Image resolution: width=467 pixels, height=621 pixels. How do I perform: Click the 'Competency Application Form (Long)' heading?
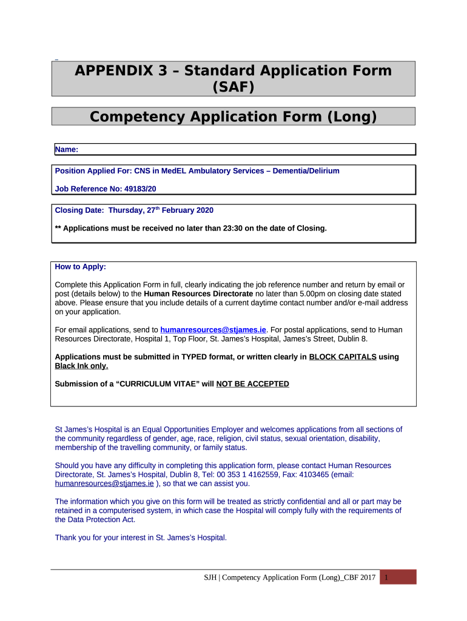coord(233,116)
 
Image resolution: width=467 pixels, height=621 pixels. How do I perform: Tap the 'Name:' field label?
coord(67,149)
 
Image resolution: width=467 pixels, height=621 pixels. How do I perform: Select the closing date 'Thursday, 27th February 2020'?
coord(161,211)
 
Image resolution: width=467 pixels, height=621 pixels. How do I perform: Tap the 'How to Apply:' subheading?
coord(80,267)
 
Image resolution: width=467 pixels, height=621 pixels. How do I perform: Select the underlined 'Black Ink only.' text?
coord(82,366)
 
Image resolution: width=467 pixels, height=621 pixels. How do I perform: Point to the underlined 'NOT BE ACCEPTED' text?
coord(252,384)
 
